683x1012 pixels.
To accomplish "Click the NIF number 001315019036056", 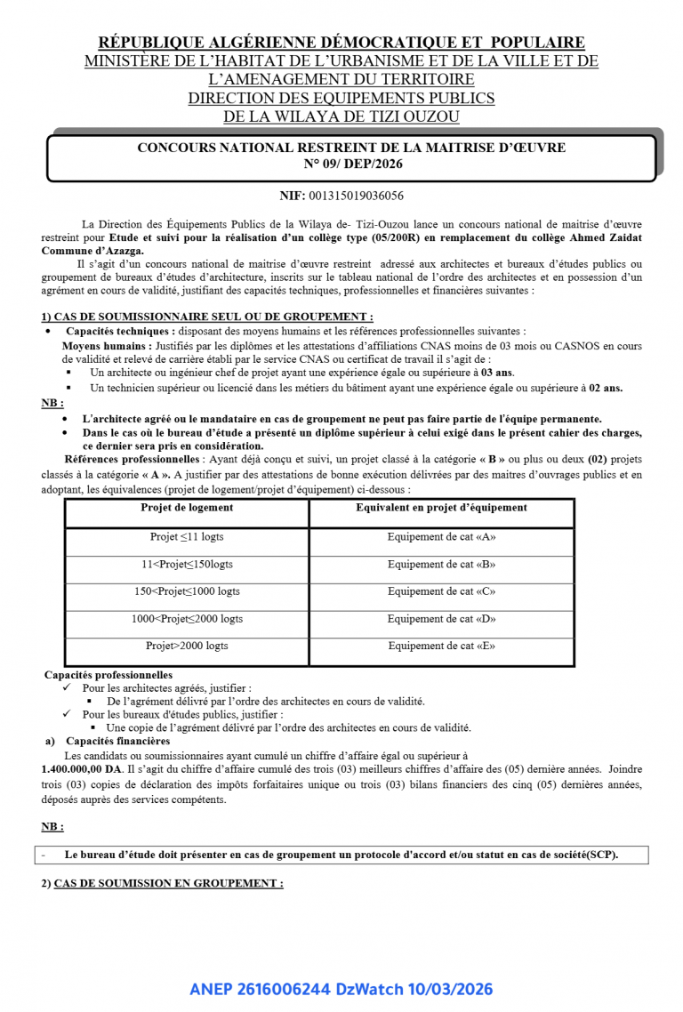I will click(x=355, y=195).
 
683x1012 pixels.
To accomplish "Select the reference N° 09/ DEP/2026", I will click(x=353, y=164).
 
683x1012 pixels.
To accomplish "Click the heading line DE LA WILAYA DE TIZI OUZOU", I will click(x=341, y=116).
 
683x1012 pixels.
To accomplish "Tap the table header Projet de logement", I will click(x=187, y=508).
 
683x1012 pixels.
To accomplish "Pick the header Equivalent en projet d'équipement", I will click(x=441, y=508).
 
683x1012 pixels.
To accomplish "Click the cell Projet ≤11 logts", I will click(x=187, y=537).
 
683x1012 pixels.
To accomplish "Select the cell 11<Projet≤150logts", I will click(x=187, y=565).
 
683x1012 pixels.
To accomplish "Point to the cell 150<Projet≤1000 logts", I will click(x=187, y=591).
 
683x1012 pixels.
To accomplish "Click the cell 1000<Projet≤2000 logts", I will click(x=187, y=619).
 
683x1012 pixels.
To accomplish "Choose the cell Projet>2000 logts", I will click(x=187, y=647).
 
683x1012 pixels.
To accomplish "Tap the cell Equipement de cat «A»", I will click(x=441, y=537).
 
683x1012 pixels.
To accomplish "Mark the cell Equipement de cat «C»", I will click(x=441, y=591).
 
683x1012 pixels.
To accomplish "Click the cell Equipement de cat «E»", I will click(x=441, y=647).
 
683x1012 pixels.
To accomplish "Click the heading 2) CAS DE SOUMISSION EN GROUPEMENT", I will click(x=163, y=883).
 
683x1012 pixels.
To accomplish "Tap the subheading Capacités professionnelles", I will click(x=108, y=675).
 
